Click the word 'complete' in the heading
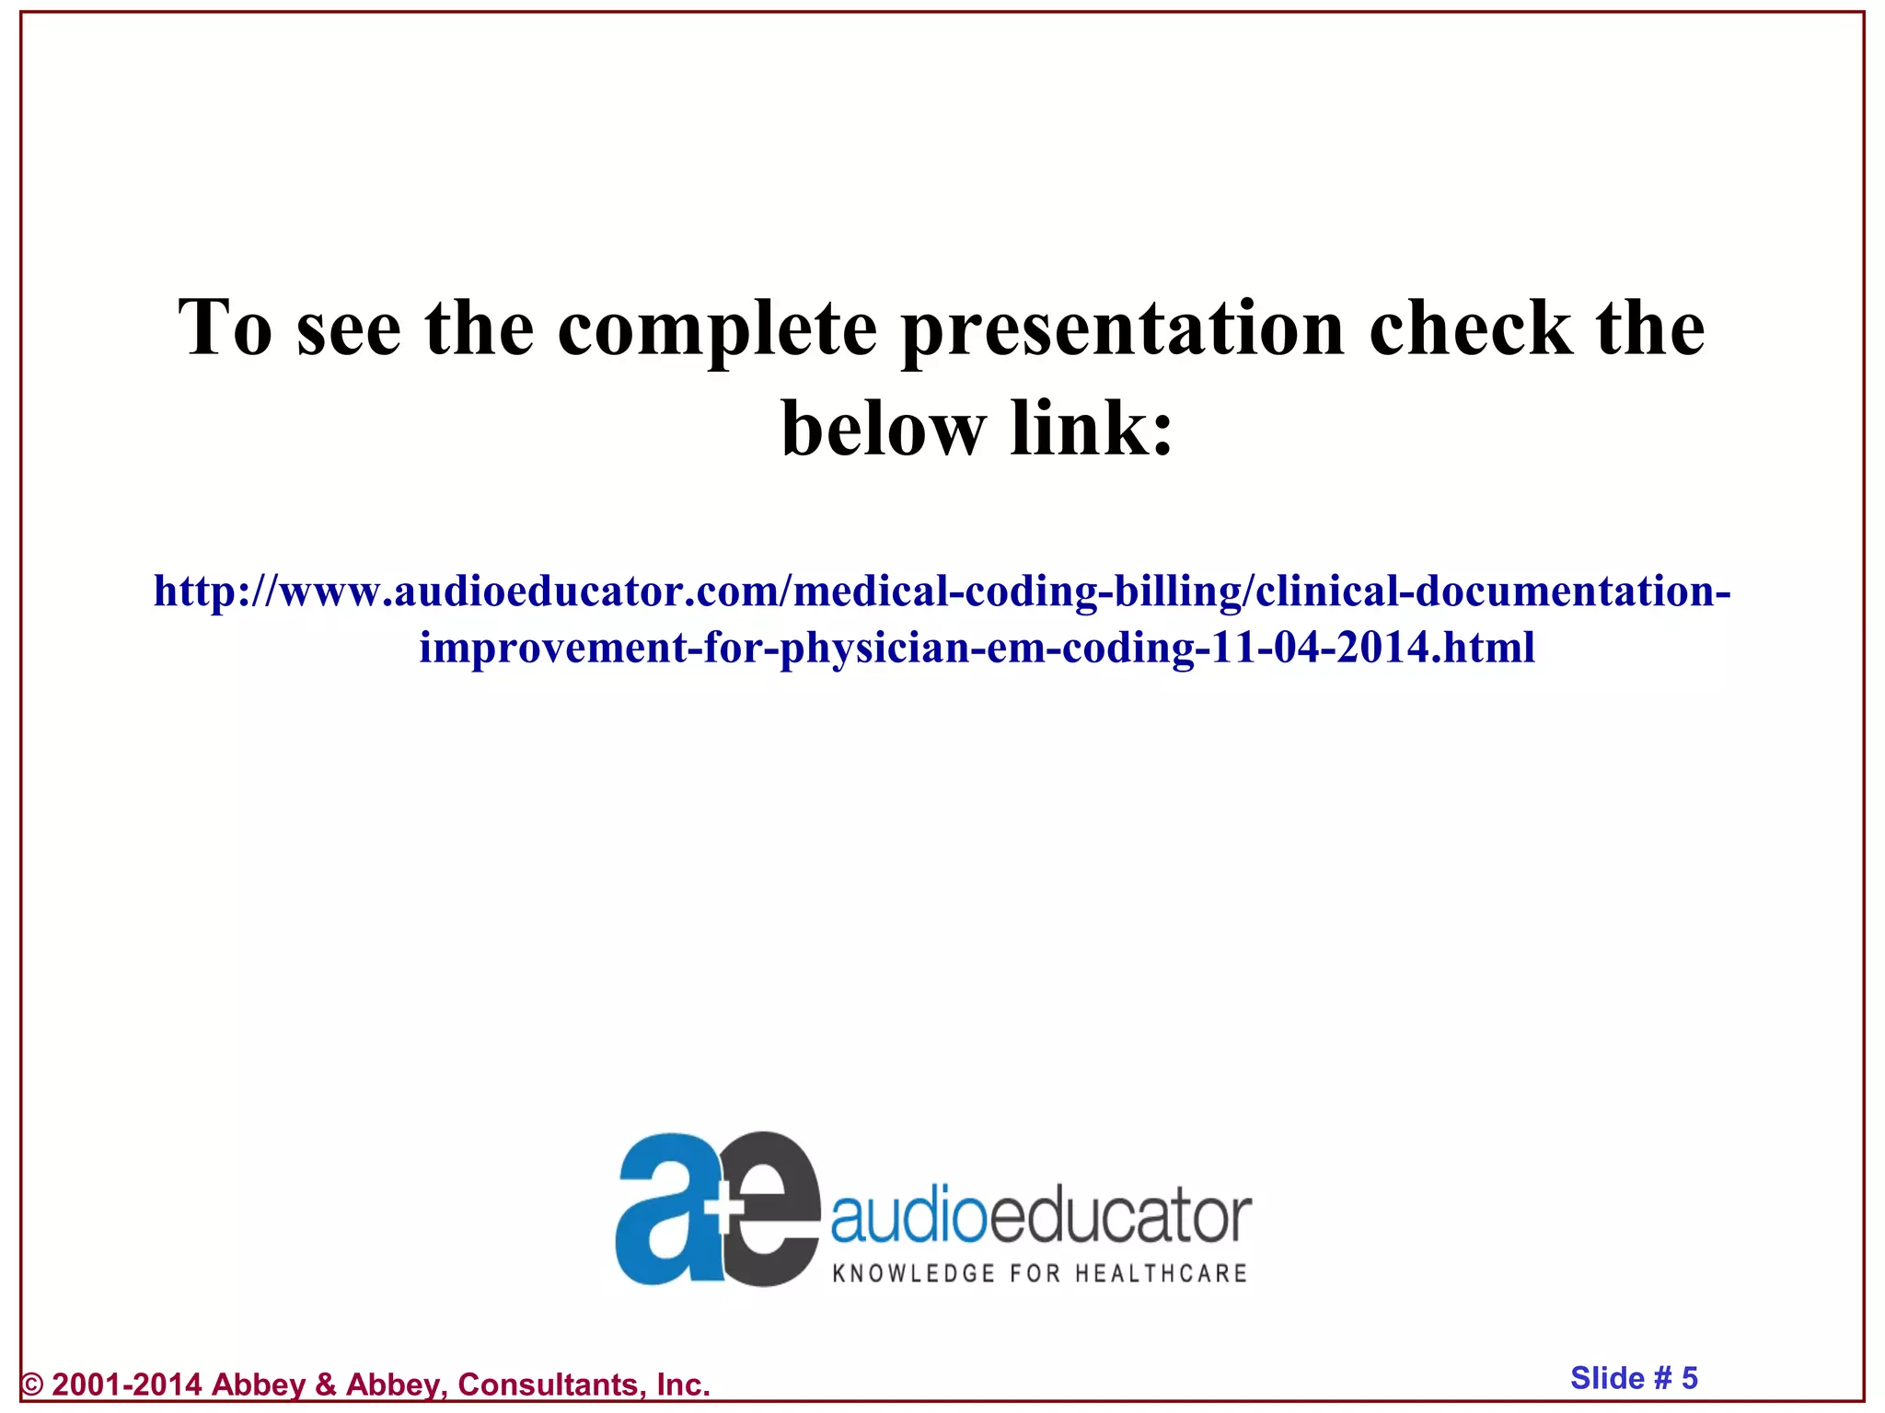pyautogui.click(x=717, y=329)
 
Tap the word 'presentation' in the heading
pyautogui.click(x=1123, y=329)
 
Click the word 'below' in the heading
pyautogui.click(x=883, y=429)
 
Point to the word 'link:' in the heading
pyautogui.click(x=1093, y=429)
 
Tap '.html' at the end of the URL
pyautogui.click(x=1487, y=648)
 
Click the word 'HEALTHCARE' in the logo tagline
pyautogui.click(x=1161, y=1273)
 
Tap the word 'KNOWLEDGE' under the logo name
pyautogui.click(x=901, y=1273)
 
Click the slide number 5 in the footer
pyautogui.click(x=1689, y=1377)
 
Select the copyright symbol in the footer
pyautogui.click(x=33, y=1384)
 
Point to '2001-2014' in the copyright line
pyautogui.click(x=127, y=1384)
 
